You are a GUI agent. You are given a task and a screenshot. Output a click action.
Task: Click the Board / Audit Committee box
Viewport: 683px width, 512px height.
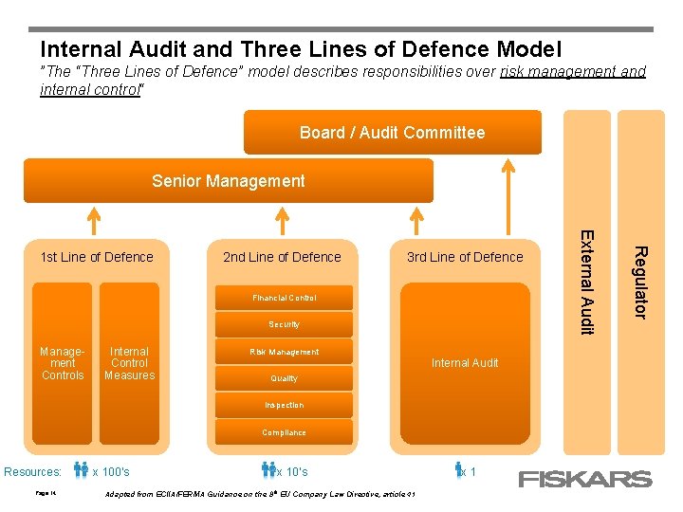392,133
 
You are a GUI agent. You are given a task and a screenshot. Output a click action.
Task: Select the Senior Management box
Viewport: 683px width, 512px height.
229,181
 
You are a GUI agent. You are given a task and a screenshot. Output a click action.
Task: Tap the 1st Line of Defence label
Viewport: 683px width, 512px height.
97,257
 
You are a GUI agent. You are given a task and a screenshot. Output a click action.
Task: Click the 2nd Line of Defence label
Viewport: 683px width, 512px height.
282,257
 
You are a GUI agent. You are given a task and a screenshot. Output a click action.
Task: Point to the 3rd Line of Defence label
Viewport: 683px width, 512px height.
465,257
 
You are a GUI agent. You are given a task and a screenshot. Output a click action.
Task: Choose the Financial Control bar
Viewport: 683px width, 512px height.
284,298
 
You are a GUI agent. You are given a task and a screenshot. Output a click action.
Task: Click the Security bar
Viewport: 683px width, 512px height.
284,324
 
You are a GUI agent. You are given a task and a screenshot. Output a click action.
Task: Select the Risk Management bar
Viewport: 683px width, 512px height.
284,352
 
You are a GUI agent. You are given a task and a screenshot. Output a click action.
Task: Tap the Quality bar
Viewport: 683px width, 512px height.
284,378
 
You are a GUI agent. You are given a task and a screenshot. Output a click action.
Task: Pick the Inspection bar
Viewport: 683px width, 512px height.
284,405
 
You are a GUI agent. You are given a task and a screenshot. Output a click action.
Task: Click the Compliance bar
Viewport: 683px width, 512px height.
284,432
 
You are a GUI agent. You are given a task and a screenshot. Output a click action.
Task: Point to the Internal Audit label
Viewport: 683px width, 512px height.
465,362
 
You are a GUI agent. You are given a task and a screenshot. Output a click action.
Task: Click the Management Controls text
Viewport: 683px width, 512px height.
63,363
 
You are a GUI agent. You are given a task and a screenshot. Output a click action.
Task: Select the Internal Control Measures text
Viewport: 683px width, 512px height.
130,363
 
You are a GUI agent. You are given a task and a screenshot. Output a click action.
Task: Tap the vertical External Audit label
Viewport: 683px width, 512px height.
587,282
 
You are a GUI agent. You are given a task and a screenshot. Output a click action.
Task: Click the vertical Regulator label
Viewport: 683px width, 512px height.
641,282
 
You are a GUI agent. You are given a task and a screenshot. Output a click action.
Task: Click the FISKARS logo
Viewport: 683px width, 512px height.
584,479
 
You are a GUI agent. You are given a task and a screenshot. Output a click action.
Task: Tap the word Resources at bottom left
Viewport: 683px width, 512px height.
33,472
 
